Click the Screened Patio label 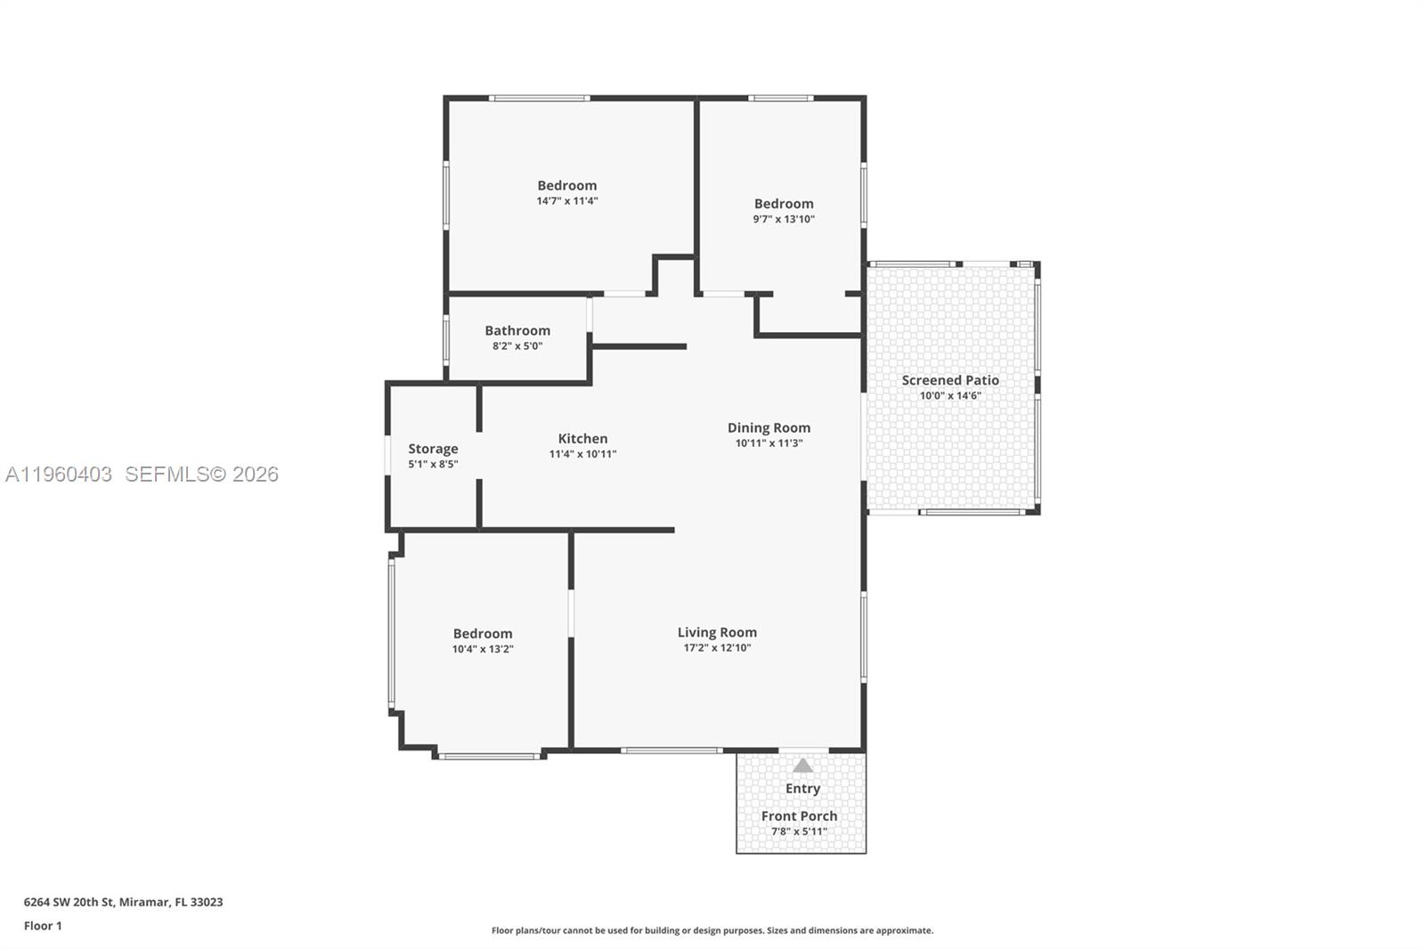pos(950,380)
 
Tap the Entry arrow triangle pos(802,766)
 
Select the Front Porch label pos(799,815)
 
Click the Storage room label pos(433,449)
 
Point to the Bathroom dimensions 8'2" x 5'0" pos(517,346)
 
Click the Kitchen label pos(582,438)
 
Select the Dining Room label pos(769,427)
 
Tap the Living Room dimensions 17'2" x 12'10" pos(717,648)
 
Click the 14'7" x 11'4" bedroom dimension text pos(566,201)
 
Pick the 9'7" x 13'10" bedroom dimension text pos(784,219)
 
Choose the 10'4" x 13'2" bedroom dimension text pos(483,649)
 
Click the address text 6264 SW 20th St pos(123,902)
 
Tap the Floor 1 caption pos(43,926)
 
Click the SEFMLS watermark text pos(201,474)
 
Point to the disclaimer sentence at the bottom pos(712,930)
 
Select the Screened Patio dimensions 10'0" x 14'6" pos(950,395)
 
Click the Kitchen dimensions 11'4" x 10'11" pos(582,454)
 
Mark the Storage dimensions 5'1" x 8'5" pos(433,464)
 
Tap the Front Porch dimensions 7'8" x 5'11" pos(799,831)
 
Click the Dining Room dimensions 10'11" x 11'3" pos(769,443)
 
